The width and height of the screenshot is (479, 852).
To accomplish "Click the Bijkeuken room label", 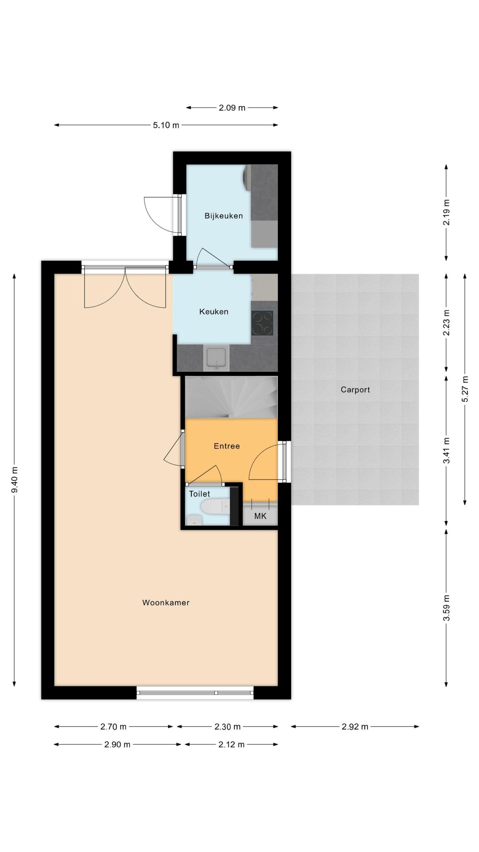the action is pos(224,216).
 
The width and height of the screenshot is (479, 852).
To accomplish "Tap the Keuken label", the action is pos(214,312).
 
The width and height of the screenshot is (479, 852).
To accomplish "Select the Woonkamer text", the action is pos(166,602).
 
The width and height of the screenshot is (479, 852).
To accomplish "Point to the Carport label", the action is pos(355,390).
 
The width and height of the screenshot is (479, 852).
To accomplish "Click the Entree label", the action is pos(227,446).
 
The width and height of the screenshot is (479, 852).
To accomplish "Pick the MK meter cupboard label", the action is pos(260,516).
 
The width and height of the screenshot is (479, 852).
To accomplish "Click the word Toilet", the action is pos(200,494).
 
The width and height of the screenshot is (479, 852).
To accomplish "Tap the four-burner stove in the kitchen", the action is pos(262,323).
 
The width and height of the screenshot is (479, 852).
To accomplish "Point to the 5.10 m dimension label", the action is pos(166,125).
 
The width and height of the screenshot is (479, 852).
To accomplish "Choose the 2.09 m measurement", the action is pos(232,108).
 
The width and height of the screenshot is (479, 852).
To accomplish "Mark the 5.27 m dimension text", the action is pos(465,389).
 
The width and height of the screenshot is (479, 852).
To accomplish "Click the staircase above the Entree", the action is pos(231,397).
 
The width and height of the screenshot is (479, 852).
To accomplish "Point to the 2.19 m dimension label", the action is pos(446,212).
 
